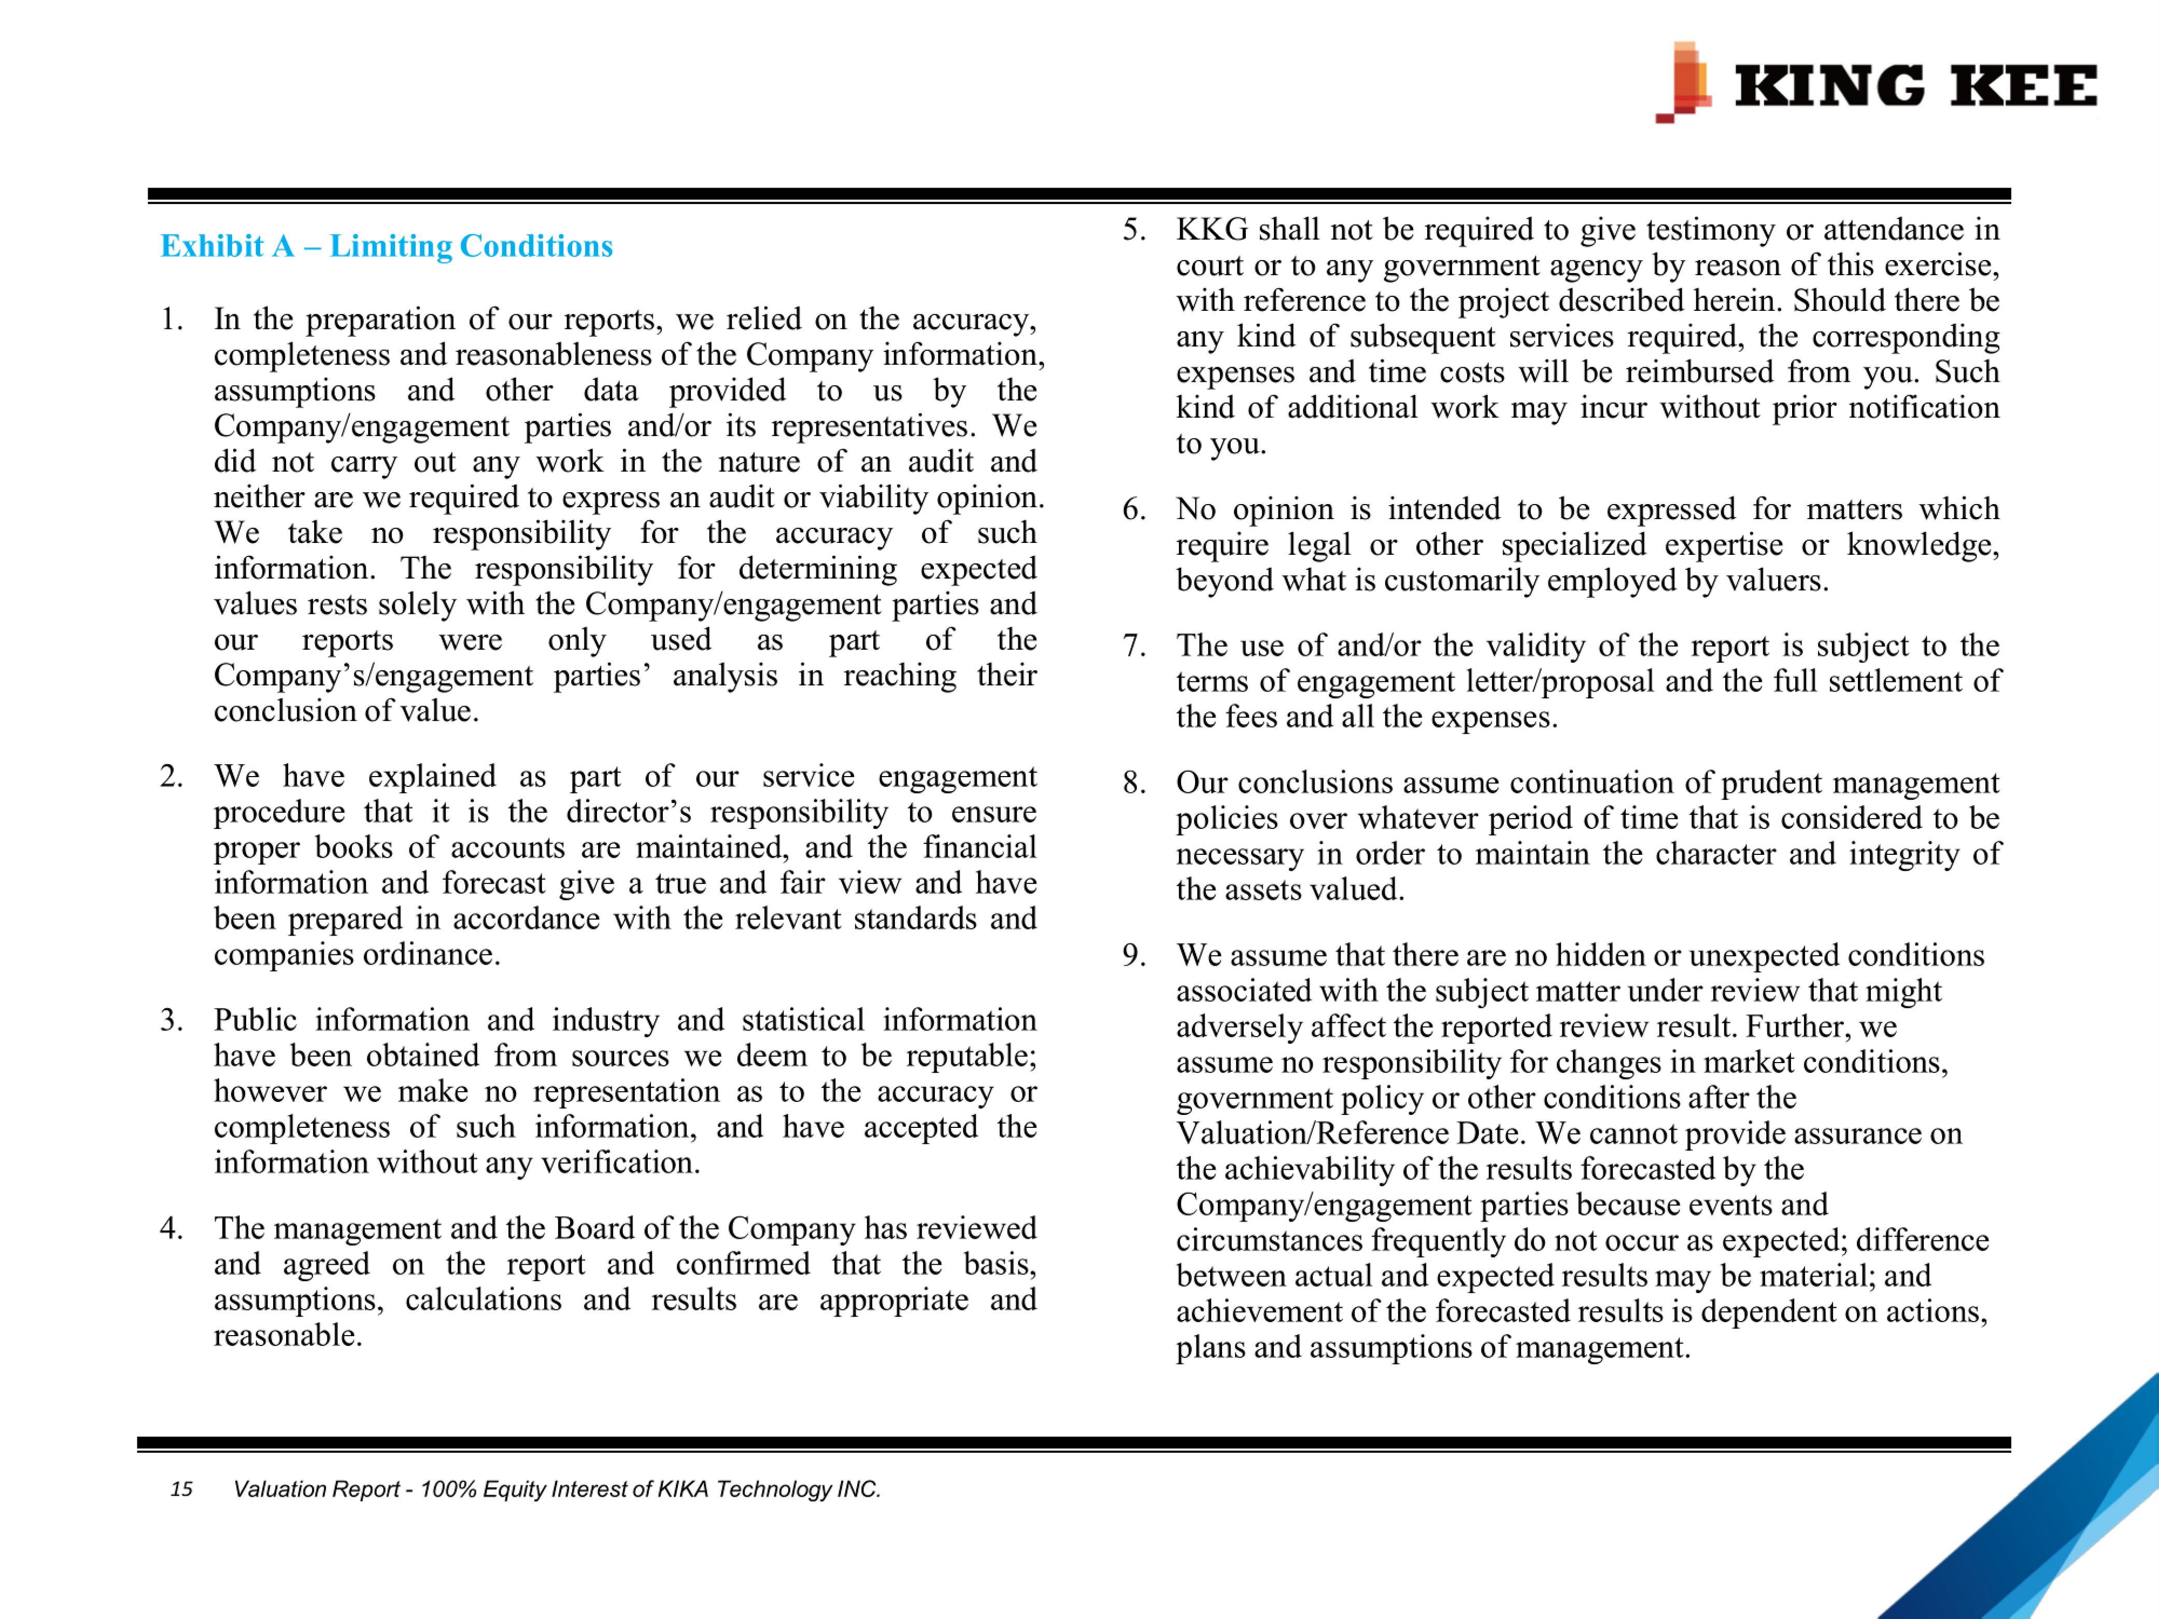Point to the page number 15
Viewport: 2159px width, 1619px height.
point(181,1489)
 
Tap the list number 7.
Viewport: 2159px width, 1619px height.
point(1133,646)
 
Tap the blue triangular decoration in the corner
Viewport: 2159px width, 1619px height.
point(2069,1523)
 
